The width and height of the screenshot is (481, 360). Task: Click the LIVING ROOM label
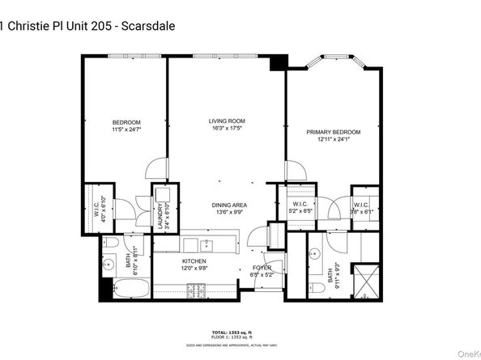226,121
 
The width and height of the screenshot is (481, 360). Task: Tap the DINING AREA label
229,205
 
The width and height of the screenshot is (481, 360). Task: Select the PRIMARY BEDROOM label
333,132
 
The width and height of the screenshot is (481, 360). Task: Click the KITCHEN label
194,262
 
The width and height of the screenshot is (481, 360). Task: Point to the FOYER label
262,267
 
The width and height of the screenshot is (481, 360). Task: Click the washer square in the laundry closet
161,195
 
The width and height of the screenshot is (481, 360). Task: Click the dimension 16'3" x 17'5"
226,129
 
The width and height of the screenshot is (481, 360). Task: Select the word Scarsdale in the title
150,26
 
